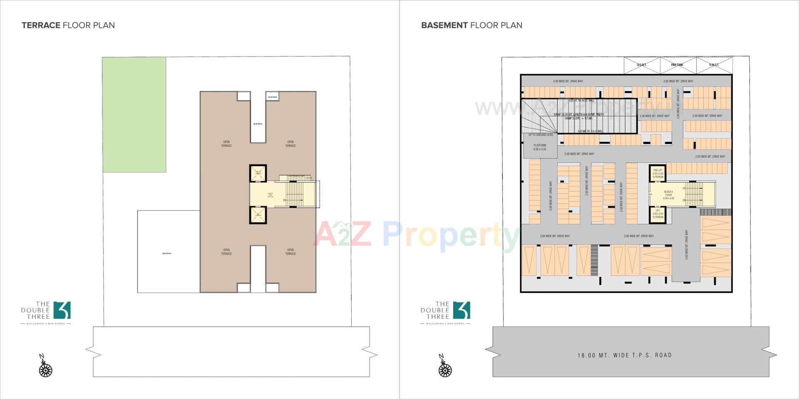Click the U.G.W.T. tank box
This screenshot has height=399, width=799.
[x=642, y=65]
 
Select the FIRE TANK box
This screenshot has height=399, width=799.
[x=677, y=65]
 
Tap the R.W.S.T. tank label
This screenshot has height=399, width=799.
[x=714, y=65]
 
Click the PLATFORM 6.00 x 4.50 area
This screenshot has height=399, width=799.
[x=540, y=148]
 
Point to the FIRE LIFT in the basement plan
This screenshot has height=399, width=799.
[x=658, y=173]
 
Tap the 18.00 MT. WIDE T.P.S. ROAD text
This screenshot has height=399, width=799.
[x=625, y=355]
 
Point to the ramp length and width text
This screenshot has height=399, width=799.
[x=578, y=114]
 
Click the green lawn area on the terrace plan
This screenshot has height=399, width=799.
[x=134, y=114]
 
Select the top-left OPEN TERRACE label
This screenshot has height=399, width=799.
[x=226, y=144]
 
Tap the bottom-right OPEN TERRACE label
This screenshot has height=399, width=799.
[x=290, y=252]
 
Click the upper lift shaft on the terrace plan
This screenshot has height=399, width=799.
[x=258, y=173]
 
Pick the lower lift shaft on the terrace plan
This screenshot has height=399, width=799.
[x=258, y=215]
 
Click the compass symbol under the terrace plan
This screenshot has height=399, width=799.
[x=45, y=369]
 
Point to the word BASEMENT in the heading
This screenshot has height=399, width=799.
[x=444, y=25]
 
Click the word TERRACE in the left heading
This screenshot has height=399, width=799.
[x=41, y=25]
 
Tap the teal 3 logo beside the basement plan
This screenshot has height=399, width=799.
[x=462, y=310]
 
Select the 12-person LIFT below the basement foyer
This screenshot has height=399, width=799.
[x=658, y=214]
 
